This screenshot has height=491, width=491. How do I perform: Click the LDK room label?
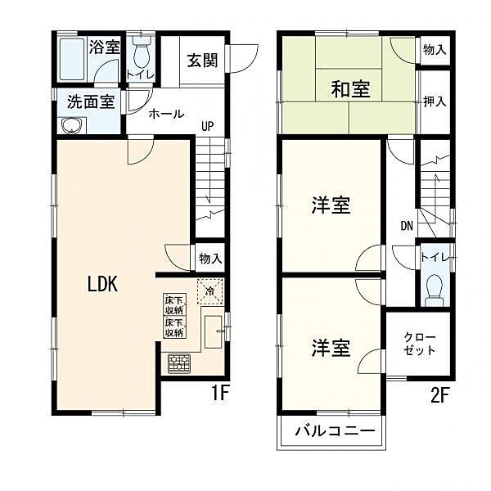pos(104,284)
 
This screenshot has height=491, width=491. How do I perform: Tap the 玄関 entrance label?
pos(201,61)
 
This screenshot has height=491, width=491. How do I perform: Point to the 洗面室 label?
pos(89,103)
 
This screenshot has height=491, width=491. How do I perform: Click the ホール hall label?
pos(166,115)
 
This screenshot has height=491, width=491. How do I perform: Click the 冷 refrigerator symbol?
pos(209,291)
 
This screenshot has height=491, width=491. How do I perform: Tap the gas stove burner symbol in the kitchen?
pos(179,362)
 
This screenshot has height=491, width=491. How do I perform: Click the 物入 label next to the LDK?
pos(210,259)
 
